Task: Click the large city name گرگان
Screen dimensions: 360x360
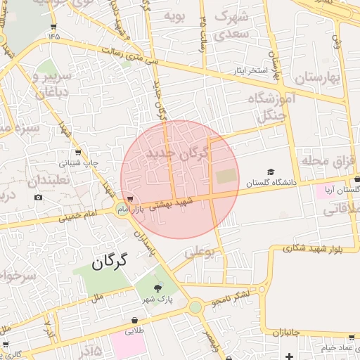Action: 109,262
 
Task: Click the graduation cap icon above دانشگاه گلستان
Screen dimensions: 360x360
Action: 271,172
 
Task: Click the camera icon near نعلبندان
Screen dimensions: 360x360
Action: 38,197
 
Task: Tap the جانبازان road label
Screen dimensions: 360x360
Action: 286,331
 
